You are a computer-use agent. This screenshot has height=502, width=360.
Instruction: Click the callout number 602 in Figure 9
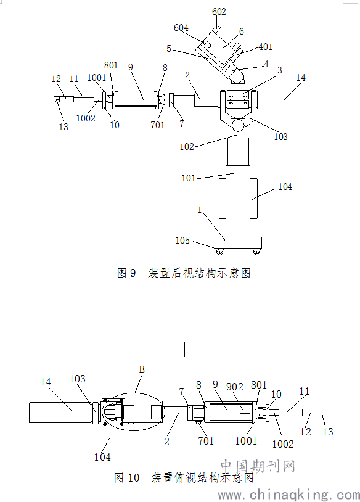tap(219, 12)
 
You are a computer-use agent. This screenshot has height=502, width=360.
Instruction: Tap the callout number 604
tap(181, 28)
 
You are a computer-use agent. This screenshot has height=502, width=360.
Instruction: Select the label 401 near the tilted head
tap(265, 47)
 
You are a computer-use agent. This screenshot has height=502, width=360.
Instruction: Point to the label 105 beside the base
tap(182, 241)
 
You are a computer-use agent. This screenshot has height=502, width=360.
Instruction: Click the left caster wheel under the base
tap(219, 252)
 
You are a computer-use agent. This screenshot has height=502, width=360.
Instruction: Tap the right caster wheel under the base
tap(256, 252)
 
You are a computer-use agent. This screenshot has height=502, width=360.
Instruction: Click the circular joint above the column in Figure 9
tap(238, 125)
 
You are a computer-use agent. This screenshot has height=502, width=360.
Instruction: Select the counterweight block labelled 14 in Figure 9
tap(284, 99)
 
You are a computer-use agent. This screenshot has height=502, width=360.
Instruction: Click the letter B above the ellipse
tap(142, 370)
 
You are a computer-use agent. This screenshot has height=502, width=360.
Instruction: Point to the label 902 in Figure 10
tap(235, 387)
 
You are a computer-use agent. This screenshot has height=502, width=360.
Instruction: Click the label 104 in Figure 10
tap(102, 457)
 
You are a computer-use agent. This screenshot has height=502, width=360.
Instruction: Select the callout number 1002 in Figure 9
tap(86, 118)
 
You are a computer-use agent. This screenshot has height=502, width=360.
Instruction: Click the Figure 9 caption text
tap(184, 273)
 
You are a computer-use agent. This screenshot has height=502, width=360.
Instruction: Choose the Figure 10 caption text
tap(184, 478)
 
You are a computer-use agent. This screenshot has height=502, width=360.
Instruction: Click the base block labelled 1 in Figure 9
tap(238, 243)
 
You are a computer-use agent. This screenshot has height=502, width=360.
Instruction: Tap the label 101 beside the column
tap(189, 178)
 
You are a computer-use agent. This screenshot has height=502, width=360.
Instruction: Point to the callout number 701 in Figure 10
tap(206, 441)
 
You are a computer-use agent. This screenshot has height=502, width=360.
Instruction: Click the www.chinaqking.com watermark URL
tap(289, 495)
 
